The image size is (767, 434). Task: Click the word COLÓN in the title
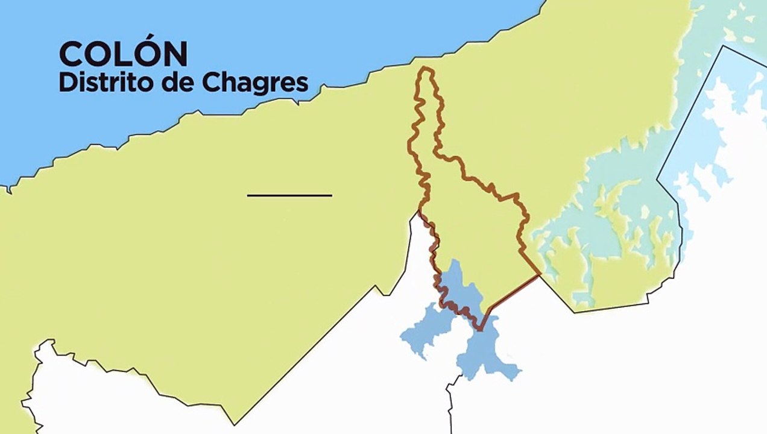[x=123, y=54]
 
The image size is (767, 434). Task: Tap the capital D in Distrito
[x=66, y=82]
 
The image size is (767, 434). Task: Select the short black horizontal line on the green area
[x=289, y=195]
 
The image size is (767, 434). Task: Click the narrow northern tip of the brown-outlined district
[x=426, y=71]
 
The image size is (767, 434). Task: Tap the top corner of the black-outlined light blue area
[x=723, y=46]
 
